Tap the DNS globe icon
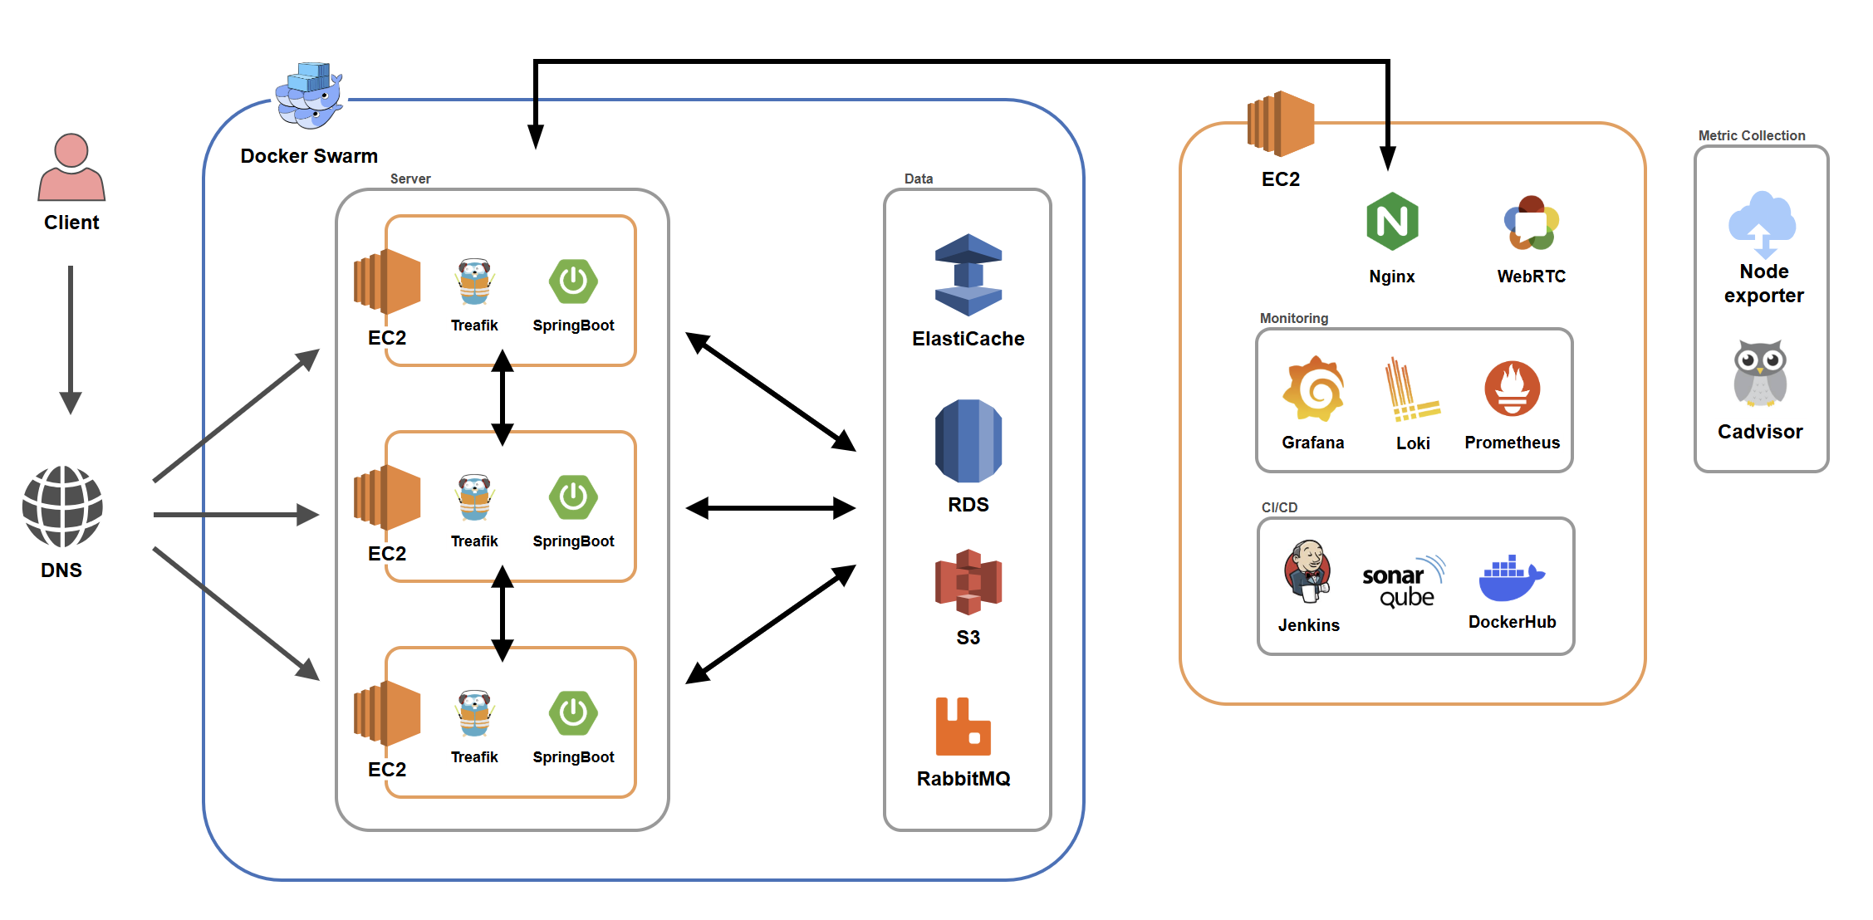point(62,506)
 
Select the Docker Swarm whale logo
point(309,95)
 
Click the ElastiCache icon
point(968,275)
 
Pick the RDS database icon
point(968,441)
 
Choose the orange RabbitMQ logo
point(963,727)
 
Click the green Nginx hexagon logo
point(1392,222)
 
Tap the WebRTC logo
point(1531,223)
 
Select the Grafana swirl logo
point(1313,389)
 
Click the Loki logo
point(1411,390)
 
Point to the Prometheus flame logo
point(1512,389)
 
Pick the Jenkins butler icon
point(1308,571)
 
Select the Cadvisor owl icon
point(1760,374)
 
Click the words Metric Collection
point(1751,135)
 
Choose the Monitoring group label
point(1293,318)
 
